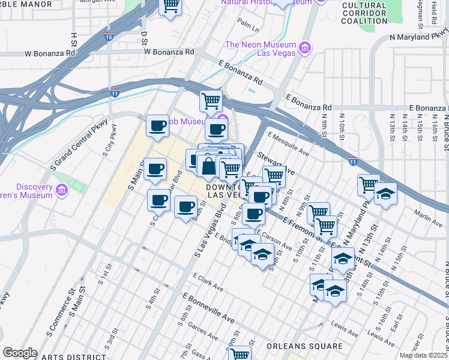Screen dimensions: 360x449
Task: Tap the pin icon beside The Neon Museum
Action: [304, 46]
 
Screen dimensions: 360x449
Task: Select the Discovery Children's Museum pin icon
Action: [61, 191]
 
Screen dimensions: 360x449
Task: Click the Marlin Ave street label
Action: [428, 217]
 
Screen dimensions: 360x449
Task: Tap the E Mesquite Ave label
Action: [289, 145]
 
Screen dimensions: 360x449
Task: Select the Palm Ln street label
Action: [247, 25]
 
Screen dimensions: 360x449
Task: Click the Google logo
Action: [20, 353]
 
